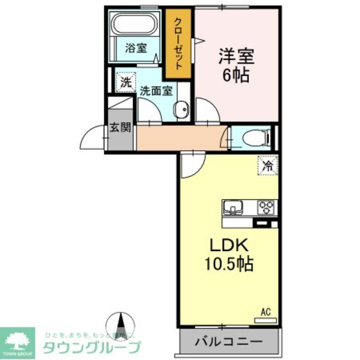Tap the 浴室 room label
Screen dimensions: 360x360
point(136,49)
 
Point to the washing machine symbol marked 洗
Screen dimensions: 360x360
point(126,83)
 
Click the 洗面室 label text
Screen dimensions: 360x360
point(156,91)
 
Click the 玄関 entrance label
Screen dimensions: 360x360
point(120,128)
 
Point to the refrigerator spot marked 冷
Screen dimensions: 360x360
point(267,166)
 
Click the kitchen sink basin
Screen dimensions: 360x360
point(233,207)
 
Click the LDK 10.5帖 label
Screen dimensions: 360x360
point(229,256)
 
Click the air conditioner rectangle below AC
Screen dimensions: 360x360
point(265,320)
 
